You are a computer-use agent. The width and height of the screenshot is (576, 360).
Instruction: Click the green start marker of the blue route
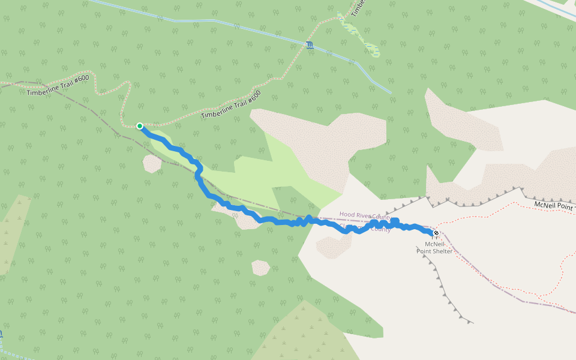click(140, 126)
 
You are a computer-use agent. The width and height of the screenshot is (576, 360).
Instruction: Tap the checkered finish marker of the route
click(436, 233)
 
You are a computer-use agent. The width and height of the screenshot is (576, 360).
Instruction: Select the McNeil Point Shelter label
click(434, 247)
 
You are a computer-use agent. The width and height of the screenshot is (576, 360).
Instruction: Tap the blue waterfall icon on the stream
click(309, 45)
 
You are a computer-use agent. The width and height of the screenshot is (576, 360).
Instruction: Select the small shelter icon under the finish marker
click(435, 238)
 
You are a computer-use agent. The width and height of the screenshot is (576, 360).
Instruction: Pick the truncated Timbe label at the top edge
click(358, 8)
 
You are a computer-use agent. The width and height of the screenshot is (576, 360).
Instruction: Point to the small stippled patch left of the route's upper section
click(152, 163)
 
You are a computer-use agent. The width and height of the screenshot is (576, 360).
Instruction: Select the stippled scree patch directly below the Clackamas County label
click(334, 247)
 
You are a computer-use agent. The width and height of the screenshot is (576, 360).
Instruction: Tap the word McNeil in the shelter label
click(434, 244)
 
